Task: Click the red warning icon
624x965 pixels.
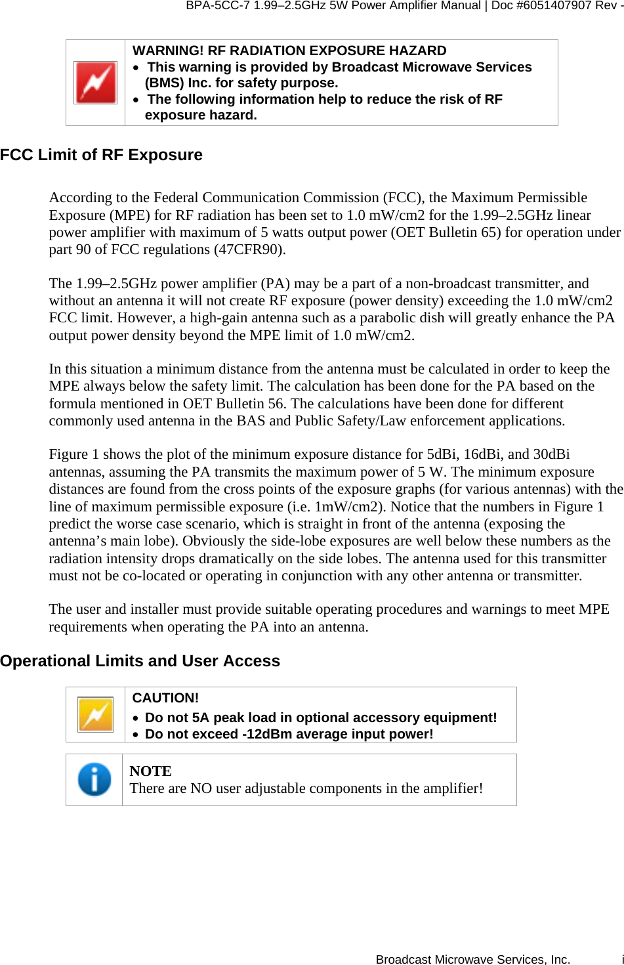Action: (x=95, y=83)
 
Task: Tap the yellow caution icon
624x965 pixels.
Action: (x=95, y=714)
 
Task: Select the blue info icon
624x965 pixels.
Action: (x=94, y=779)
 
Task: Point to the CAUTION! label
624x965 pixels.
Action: (x=165, y=698)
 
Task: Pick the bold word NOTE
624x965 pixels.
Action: (x=150, y=771)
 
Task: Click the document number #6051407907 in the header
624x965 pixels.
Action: (x=551, y=6)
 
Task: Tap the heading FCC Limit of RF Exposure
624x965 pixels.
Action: (x=101, y=155)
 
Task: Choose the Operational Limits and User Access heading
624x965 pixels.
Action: (x=140, y=661)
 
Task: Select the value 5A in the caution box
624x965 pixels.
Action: (x=201, y=718)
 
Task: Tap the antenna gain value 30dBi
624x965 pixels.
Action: (x=551, y=454)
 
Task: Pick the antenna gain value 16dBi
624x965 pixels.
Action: (x=482, y=454)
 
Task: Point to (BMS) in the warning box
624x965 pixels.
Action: (x=165, y=83)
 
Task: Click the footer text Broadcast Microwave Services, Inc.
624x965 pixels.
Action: (x=472, y=959)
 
